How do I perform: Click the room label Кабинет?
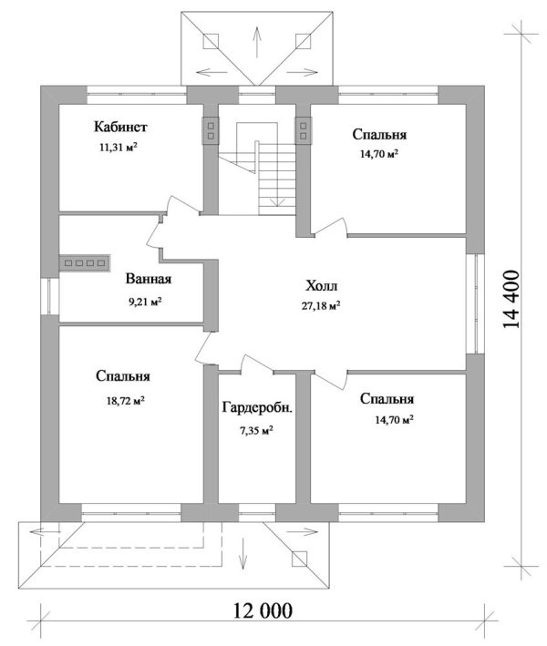tap(120, 127)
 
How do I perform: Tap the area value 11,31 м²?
tap(119, 147)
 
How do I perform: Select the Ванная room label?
tap(148, 279)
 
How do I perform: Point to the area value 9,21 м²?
tap(145, 302)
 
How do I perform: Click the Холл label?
tap(322, 285)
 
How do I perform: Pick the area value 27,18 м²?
tap(321, 305)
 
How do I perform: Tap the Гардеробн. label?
tap(258, 407)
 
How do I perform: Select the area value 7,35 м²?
tap(257, 431)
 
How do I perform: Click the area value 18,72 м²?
tap(125, 400)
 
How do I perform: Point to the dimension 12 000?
tap(263, 610)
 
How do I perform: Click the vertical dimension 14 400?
tap(511, 299)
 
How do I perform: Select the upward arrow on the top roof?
tap(257, 42)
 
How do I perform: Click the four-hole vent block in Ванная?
tap(85, 262)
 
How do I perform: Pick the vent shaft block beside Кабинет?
tap(211, 130)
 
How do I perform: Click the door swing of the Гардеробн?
tap(256, 364)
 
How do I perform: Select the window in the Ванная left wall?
tap(50, 297)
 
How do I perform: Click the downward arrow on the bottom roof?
tap(243, 553)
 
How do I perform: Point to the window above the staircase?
tap(257, 95)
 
